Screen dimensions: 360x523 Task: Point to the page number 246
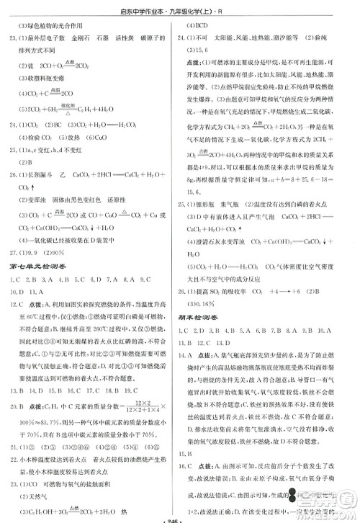click(179, 517)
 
